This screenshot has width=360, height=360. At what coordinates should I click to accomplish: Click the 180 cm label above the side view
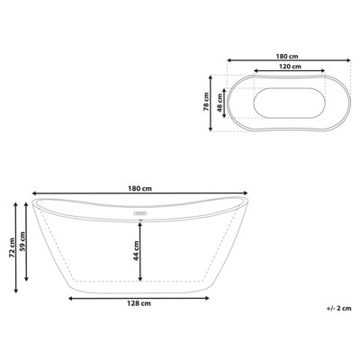click(139, 189)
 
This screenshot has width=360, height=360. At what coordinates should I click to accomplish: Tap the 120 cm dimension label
click(290, 67)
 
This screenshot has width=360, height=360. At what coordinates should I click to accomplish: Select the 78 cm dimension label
click(206, 102)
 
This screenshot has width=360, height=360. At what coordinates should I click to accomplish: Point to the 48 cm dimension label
click(220, 103)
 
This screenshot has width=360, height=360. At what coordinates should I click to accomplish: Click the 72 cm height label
click(12, 247)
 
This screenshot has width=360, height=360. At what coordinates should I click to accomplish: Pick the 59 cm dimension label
click(22, 242)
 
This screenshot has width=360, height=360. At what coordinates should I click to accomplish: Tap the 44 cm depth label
click(136, 250)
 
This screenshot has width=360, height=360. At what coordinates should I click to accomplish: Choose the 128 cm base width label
click(139, 303)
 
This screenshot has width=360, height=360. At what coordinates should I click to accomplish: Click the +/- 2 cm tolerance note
click(338, 309)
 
